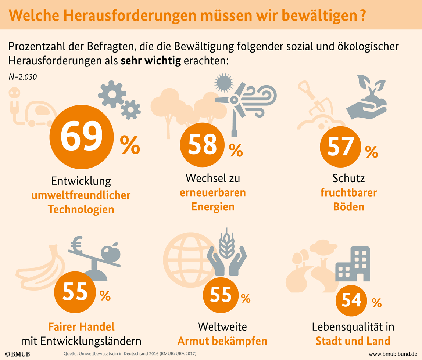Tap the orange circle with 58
coord(203,144)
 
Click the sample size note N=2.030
coord(22,77)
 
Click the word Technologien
coord(81,209)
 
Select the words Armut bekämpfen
coord(222,341)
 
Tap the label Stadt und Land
coord(353,341)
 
